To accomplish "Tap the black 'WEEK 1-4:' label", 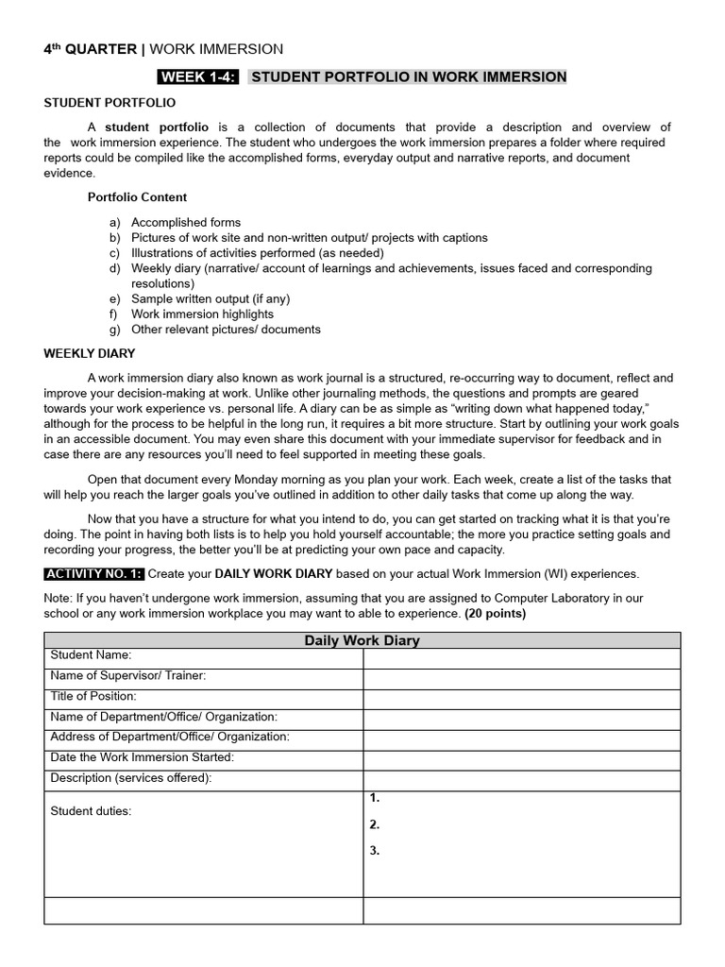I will pos(198,76).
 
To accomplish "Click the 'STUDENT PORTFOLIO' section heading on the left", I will pos(110,102).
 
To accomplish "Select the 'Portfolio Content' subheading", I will pos(137,197).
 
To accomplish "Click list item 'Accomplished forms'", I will pos(185,223).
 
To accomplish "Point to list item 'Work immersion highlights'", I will pos(202,314).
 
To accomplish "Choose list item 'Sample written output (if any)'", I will pos(210,299).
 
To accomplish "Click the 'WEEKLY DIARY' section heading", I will pos(90,353).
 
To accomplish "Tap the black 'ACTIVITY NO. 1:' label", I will pos(93,573).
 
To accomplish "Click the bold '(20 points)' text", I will pos(495,613).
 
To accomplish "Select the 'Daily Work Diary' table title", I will pos(362,640).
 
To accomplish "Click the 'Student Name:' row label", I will pos(91,654).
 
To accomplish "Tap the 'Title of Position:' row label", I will pos(93,696).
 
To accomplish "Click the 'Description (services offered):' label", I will pos(131,778).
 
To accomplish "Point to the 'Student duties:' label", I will pos(91,810).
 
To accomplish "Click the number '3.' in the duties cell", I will pos(375,850).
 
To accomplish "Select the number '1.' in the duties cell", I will pos(375,798).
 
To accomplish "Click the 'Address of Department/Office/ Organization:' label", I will pos(170,737).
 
